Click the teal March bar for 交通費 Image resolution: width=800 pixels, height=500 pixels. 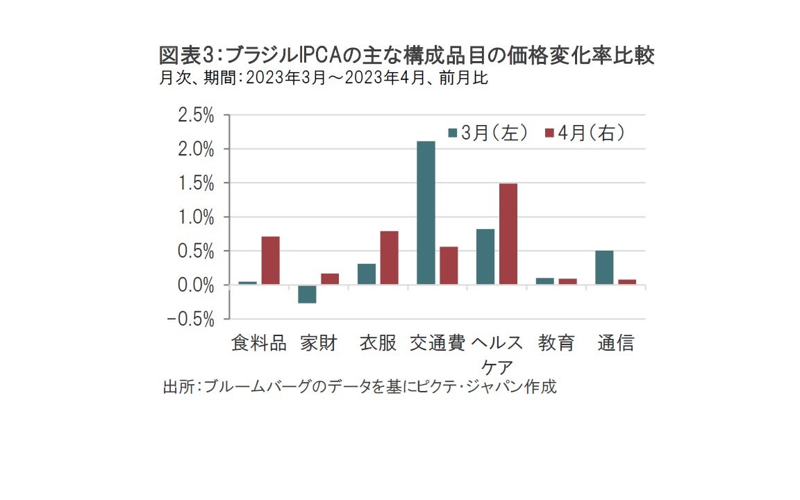pos(426,213)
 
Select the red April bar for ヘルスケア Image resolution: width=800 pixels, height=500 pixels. pos(508,234)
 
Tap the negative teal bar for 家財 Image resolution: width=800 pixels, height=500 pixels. pos(306,294)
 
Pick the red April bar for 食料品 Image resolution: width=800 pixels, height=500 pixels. pos(270,260)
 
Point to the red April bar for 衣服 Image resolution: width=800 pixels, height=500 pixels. pos(389,258)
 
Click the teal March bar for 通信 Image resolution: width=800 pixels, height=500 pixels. pos(604,267)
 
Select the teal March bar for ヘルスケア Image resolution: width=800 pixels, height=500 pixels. pos(485,257)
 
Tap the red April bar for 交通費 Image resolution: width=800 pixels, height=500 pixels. pos(449,266)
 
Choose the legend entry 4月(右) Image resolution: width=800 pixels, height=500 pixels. pos(585,133)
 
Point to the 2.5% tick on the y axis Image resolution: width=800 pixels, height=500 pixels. pos(196,115)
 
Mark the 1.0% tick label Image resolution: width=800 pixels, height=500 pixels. pos(196,217)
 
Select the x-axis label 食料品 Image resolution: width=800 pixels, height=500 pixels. pos(258,343)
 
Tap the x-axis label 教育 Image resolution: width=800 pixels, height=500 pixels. pos(556,343)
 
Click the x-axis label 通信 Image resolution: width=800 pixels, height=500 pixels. pos(616,343)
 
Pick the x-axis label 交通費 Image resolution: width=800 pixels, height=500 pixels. pos(437,343)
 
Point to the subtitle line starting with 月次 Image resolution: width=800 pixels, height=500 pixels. pos(323,78)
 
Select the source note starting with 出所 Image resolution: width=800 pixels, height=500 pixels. pos(359,387)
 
